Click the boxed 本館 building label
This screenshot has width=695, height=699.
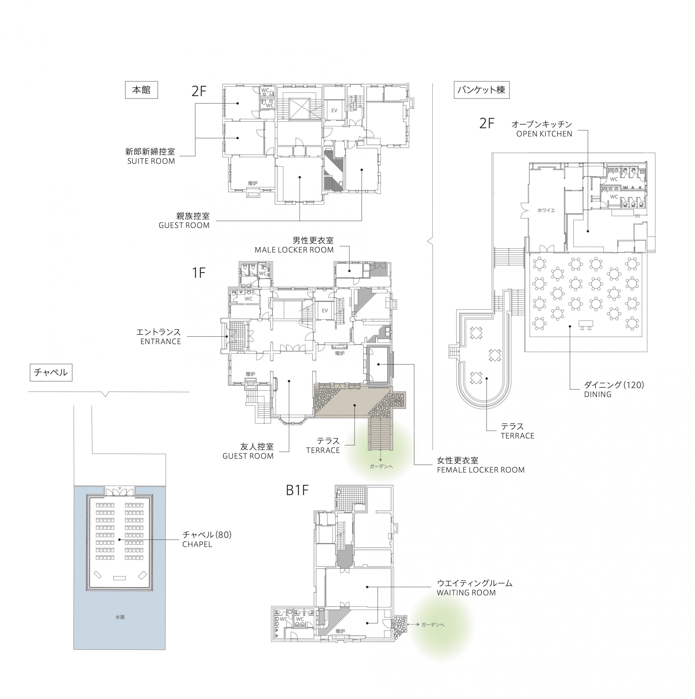141,90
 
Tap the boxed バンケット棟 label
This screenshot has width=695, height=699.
481,90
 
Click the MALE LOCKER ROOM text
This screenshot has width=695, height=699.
294,250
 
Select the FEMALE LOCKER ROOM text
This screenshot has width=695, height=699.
480,470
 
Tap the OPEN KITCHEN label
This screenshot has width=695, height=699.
544,134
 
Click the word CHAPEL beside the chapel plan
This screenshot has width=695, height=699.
197,544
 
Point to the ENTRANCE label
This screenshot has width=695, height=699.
161,342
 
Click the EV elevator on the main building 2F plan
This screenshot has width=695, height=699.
334,110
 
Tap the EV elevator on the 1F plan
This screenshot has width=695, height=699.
325,310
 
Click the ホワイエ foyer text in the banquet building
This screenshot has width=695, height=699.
546,210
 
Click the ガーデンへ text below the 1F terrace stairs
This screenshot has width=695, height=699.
381,466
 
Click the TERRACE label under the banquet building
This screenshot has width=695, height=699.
517,436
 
